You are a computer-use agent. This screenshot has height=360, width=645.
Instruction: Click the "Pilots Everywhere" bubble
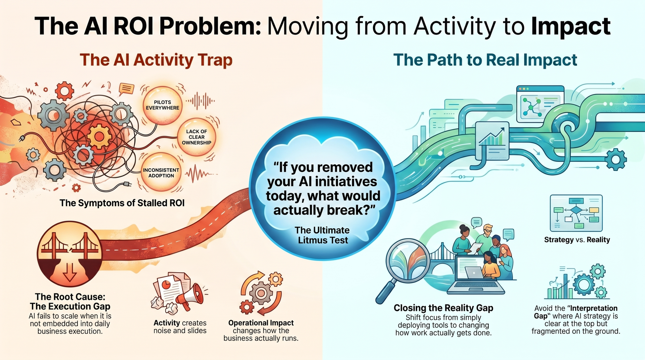(x=163, y=105)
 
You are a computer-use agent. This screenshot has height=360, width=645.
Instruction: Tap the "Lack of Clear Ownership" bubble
(x=197, y=137)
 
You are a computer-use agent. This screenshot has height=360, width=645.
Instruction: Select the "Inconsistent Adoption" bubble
(x=161, y=173)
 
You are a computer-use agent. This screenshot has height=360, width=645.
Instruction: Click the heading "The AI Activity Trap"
(x=156, y=60)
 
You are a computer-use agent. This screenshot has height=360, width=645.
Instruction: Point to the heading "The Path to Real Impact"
(x=485, y=60)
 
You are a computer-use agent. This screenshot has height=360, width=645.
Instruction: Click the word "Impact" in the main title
(x=571, y=26)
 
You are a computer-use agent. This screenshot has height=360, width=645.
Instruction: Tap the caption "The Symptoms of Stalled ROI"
(x=122, y=203)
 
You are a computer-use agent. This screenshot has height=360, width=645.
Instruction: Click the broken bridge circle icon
(x=70, y=254)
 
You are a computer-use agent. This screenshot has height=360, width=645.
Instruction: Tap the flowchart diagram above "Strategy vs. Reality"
(x=576, y=213)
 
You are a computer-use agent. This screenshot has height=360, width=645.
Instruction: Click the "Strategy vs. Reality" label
(x=577, y=240)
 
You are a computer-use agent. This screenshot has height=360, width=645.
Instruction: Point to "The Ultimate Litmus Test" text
(x=322, y=235)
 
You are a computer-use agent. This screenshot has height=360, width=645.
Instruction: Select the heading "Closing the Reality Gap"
(x=443, y=308)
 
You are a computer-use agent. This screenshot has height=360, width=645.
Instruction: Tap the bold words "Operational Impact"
(x=261, y=323)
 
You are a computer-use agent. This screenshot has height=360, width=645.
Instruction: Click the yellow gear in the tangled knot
(x=99, y=136)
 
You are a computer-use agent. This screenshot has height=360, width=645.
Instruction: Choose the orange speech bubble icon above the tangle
(x=127, y=89)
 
